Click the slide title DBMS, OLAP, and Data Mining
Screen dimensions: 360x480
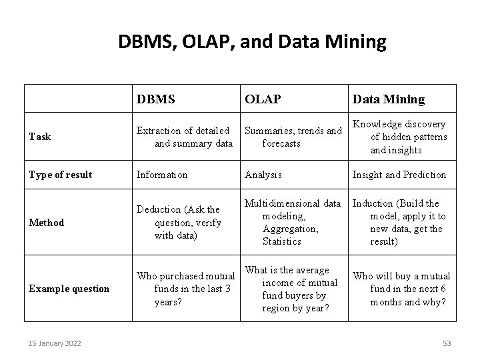(252, 43)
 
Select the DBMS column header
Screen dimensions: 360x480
(156, 99)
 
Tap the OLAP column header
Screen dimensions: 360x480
(263, 99)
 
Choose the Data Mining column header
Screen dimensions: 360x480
(388, 99)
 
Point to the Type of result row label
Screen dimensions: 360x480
(60, 175)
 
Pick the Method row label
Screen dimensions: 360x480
(46, 223)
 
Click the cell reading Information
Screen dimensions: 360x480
(162, 175)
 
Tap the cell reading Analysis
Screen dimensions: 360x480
(263, 175)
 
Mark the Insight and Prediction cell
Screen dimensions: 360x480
(399, 175)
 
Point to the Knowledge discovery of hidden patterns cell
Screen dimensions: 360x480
(400, 137)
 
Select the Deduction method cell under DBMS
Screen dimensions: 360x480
(178, 223)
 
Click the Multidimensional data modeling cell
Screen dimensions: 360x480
(292, 222)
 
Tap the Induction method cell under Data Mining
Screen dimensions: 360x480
(400, 222)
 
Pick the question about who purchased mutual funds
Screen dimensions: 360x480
(185, 289)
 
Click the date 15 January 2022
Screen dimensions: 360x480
(55, 343)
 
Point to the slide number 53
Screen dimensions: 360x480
(447, 343)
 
